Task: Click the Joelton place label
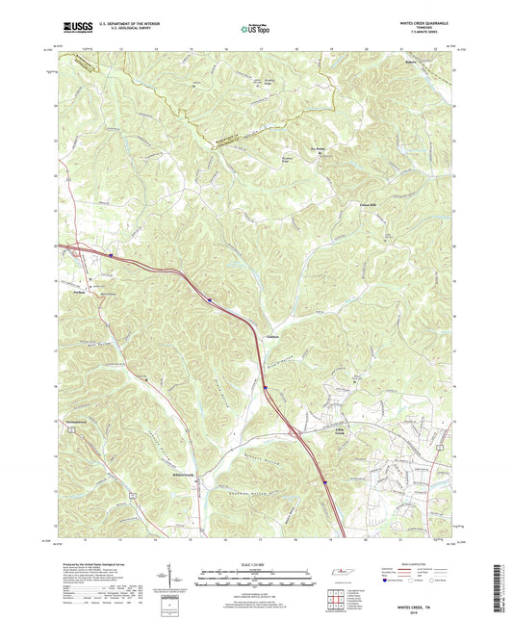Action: point(80,289)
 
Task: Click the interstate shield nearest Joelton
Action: point(112,256)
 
